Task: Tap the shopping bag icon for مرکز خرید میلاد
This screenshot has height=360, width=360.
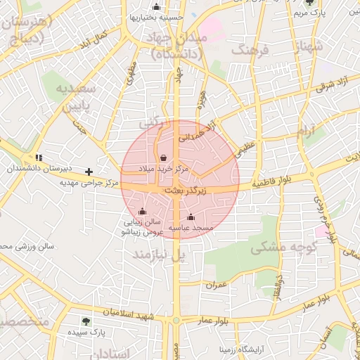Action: point(164,157)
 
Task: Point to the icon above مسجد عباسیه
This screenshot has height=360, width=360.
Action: point(191,217)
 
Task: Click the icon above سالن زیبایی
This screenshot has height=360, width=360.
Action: point(142,211)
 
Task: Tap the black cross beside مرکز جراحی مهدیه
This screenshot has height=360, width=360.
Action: point(89,172)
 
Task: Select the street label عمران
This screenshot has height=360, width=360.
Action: point(215,285)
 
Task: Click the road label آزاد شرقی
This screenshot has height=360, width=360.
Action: point(325,88)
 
